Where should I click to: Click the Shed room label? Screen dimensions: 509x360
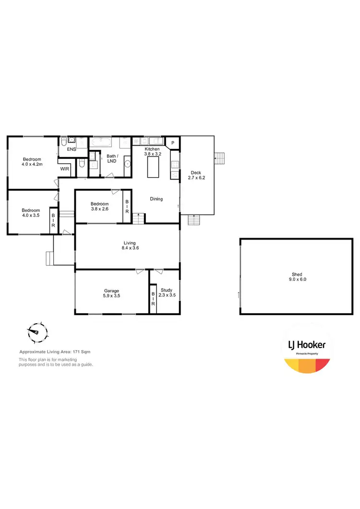coord(297,274)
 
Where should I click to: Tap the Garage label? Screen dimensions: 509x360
coord(112,291)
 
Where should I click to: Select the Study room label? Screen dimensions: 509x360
coord(166,290)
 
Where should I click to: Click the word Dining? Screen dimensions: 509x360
coord(156,199)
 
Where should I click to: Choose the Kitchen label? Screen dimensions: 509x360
coord(153,149)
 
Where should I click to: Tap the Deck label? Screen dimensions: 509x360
coord(196,172)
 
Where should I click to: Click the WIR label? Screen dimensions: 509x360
coord(64,169)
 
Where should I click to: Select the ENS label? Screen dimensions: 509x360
coord(72,149)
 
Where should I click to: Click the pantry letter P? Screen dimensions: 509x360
coord(173,142)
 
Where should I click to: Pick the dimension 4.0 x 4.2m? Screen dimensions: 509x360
coord(33,164)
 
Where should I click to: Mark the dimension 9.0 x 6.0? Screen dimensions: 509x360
coord(297,279)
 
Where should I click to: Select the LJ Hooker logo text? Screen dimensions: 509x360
coord(306,345)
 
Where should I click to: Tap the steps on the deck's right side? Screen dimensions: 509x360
coord(219,158)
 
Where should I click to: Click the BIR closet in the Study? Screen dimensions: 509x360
coord(153,299)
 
